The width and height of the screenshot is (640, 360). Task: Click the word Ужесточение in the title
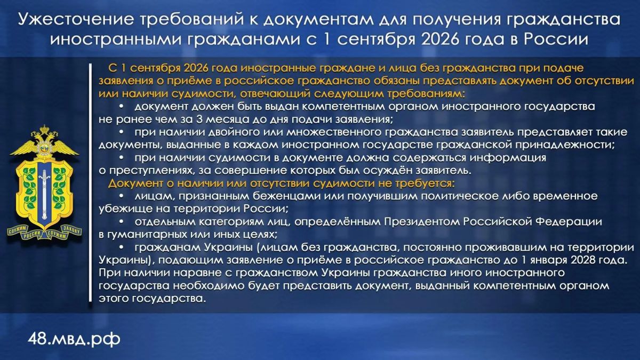pyautogui.click(x=76, y=19)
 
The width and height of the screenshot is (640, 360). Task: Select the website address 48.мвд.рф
pyautogui.click(x=74, y=339)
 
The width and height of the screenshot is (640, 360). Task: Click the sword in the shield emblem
pyautogui.click(x=44, y=195)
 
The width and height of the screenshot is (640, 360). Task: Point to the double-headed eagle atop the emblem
pyautogui.click(x=44, y=143)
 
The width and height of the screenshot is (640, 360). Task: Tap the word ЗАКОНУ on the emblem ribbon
pyautogui.click(x=71, y=229)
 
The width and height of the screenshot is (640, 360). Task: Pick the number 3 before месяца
pyautogui.click(x=199, y=119)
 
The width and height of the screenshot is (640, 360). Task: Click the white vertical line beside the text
pyautogui.click(x=90, y=182)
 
